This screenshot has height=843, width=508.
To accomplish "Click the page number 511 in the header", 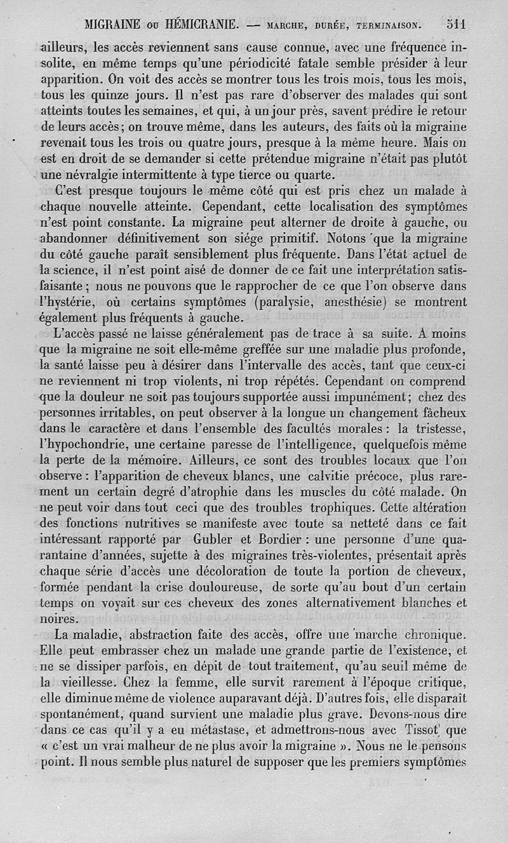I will click(456, 25).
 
